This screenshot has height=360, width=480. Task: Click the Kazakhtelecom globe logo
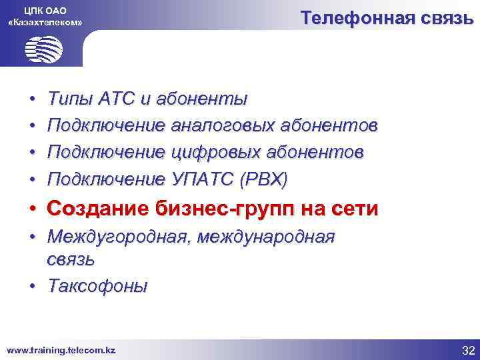point(43,49)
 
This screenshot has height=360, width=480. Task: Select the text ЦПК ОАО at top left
point(45,9)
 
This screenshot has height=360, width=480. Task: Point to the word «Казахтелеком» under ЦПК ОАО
point(45,22)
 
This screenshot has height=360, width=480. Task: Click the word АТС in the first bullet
point(117,99)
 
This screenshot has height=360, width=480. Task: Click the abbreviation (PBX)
point(265,179)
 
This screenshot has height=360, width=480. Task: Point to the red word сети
point(354,209)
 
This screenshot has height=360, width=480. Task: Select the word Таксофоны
point(98,286)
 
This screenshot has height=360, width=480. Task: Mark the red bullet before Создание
point(32,209)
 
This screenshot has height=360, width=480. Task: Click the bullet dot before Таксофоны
point(32,287)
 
